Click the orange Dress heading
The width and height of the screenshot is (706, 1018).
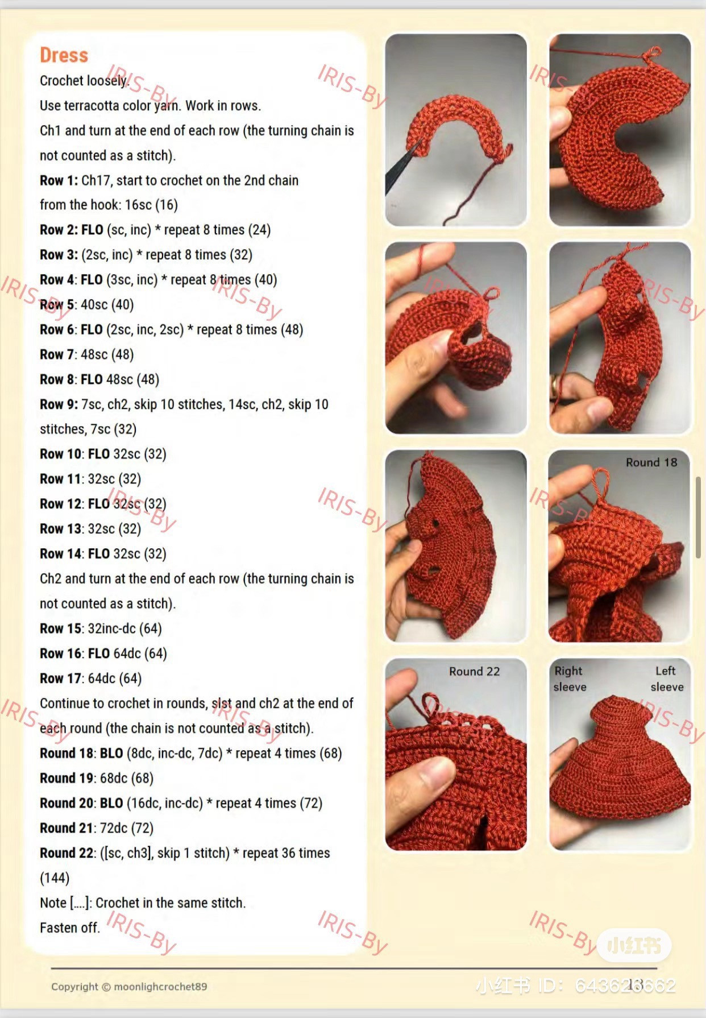[x=64, y=55]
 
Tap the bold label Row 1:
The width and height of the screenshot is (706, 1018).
[x=59, y=180]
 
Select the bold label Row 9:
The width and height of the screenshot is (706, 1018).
[x=59, y=404]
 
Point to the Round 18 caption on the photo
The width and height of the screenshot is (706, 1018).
[x=651, y=462]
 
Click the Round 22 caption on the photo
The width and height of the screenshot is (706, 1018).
[x=474, y=671]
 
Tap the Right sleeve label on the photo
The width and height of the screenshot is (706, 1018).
[x=570, y=678]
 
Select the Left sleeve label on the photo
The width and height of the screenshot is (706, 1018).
[x=667, y=678]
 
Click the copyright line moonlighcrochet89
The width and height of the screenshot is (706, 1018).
[x=129, y=987]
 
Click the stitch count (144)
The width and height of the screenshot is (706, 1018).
[x=55, y=878]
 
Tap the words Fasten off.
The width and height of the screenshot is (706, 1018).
[x=69, y=928]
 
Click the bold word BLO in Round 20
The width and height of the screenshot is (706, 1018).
[x=111, y=803]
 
